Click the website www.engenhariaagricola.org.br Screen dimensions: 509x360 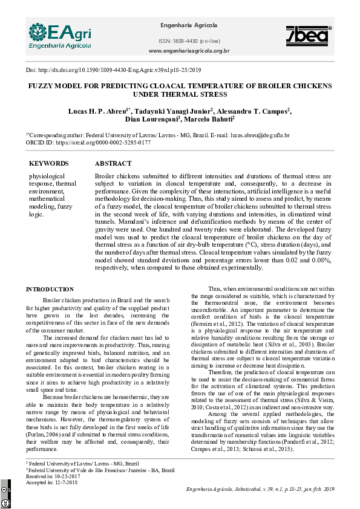point(188,51)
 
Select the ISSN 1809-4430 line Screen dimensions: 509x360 point(188,40)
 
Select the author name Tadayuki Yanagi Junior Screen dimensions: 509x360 point(172,111)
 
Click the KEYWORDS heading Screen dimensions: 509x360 point(49,164)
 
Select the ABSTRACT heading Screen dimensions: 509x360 point(113,164)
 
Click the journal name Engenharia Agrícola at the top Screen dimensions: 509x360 point(188,25)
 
